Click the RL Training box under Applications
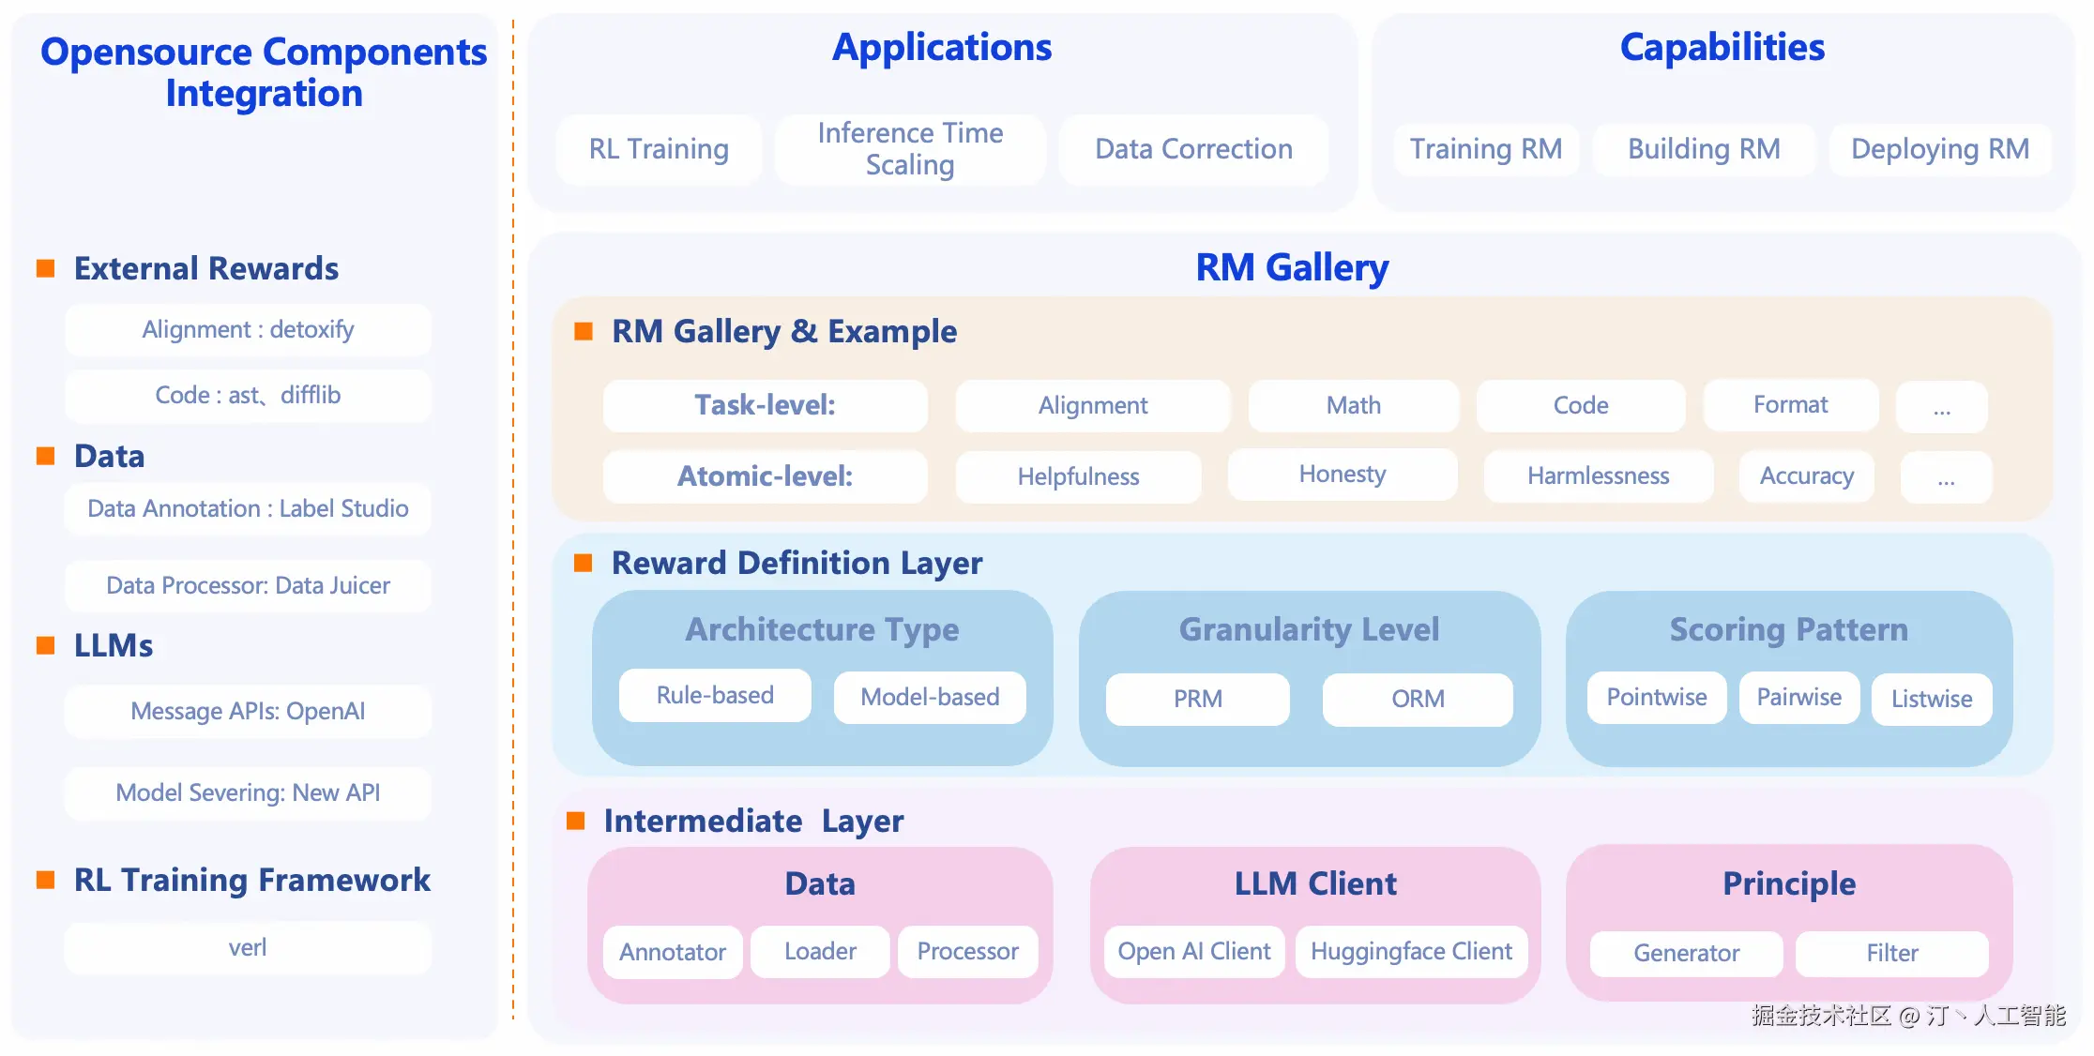tap(659, 149)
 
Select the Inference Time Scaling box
tap(910, 149)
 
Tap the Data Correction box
tap(1193, 149)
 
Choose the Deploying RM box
tap(1939, 149)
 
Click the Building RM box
tap(1704, 149)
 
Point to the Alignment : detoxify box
tap(248, 330)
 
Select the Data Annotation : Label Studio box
tap(248, 509)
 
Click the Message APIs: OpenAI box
tap(248, 711)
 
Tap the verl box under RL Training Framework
tap(248, 947)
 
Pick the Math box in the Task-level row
tap(1353, 405)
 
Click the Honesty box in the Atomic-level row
tap(1342, 475)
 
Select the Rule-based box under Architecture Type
tap(715, 696)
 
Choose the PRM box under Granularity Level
tap(1197, 699)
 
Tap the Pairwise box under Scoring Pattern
tap(1798, 698)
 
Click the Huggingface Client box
tap(1411, 952)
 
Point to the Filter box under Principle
tap(1891, 954)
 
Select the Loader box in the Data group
tap(820, 952)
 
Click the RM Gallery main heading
tap(1291, 268)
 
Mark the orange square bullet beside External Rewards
tap(45, 269)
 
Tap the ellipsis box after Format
tap(1941, 407)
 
